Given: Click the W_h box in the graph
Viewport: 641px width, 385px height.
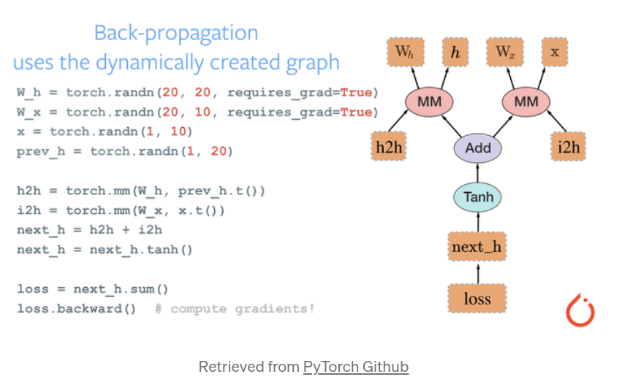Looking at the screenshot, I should pos(404,52).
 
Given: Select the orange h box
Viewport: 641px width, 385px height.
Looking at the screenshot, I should pos(455,52).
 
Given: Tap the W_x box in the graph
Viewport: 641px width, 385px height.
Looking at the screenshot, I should pos(505,52).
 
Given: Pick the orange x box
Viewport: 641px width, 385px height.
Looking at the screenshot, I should pos(555,52).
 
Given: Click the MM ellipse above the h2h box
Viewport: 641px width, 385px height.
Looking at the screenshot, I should pos(429,102).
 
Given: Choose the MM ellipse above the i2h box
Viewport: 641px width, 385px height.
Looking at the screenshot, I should pos(526,102).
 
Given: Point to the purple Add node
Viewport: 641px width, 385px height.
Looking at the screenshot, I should pos(478,148).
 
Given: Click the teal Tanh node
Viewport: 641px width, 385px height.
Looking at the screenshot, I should pos(478,197).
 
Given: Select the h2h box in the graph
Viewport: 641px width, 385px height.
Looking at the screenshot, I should pos(389,148).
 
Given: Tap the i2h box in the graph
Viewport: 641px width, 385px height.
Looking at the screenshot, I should pos(569,148).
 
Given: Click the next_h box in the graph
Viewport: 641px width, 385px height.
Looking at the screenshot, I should pos(477,247).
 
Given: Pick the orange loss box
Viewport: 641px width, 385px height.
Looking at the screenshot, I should pos(477,299).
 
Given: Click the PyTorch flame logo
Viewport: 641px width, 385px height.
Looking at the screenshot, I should pos(580,310).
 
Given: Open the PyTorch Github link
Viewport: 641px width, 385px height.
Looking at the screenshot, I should pos(356,367).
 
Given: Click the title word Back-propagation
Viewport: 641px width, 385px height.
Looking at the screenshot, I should pos(176,33).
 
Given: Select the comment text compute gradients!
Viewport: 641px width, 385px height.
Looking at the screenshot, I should pos(242,309).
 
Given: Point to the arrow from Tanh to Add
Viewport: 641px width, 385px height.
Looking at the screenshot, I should pos(478,172).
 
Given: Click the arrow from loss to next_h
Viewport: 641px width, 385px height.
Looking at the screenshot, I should pos(478,272).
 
